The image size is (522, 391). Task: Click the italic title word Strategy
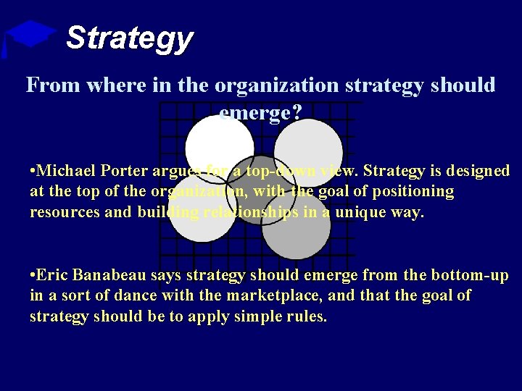[129, 38]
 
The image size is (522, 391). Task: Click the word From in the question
[52, 85]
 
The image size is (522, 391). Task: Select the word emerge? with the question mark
[260, 111]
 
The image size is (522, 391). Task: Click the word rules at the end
[307, 317]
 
